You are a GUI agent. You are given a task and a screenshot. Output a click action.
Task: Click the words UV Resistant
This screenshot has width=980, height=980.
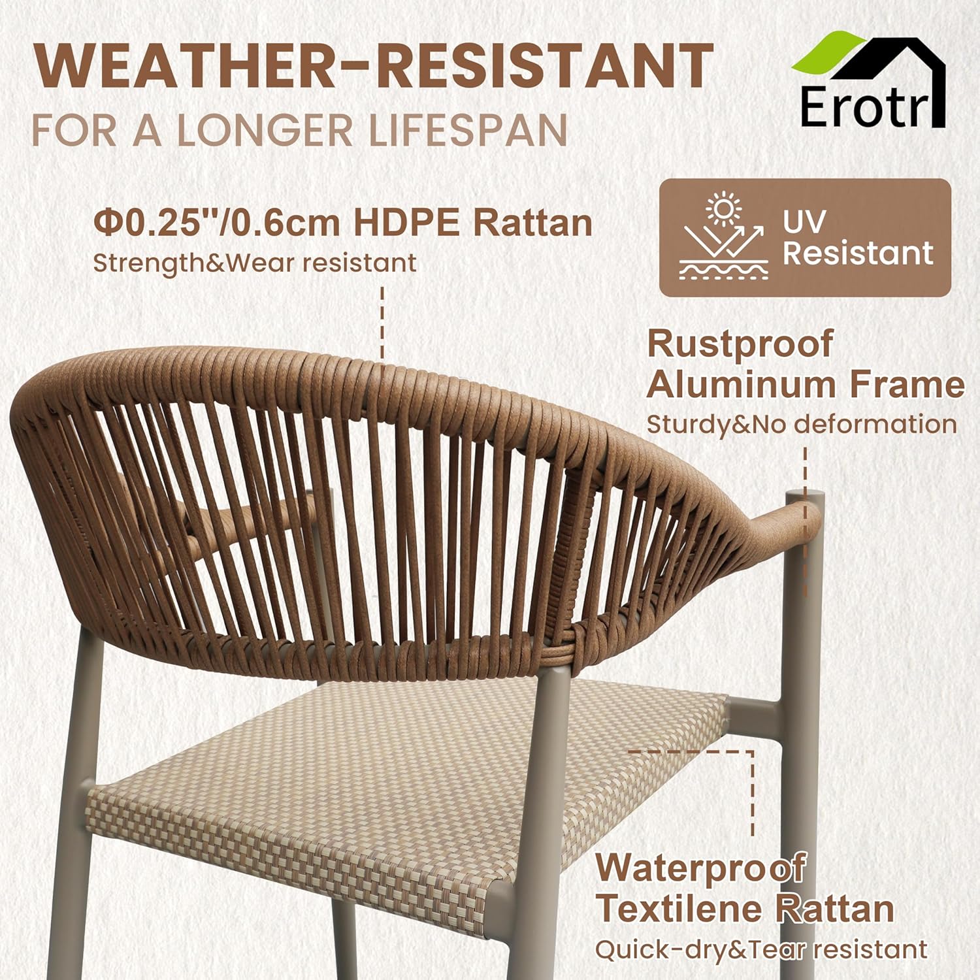(x=857, y=238)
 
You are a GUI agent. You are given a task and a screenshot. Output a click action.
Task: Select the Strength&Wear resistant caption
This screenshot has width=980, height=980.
(x=254, y=263)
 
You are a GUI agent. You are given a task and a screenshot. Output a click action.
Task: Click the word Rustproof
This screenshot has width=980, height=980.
(x=740, y=344)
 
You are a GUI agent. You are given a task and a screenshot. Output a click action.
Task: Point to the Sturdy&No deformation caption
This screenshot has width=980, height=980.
(x=801, y=425)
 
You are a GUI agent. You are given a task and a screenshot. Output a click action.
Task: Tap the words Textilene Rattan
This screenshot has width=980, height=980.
(x=744, y=909)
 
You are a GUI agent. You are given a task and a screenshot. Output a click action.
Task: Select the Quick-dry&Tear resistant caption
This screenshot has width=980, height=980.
(x=760, y=949)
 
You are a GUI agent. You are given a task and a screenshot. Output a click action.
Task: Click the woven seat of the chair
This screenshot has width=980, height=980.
(x=392, y=784)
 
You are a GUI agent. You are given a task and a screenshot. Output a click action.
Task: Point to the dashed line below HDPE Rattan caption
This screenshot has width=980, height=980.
(x=382, y=320)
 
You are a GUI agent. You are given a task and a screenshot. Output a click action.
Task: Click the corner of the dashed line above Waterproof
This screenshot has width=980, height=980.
(x=753, y=752)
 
